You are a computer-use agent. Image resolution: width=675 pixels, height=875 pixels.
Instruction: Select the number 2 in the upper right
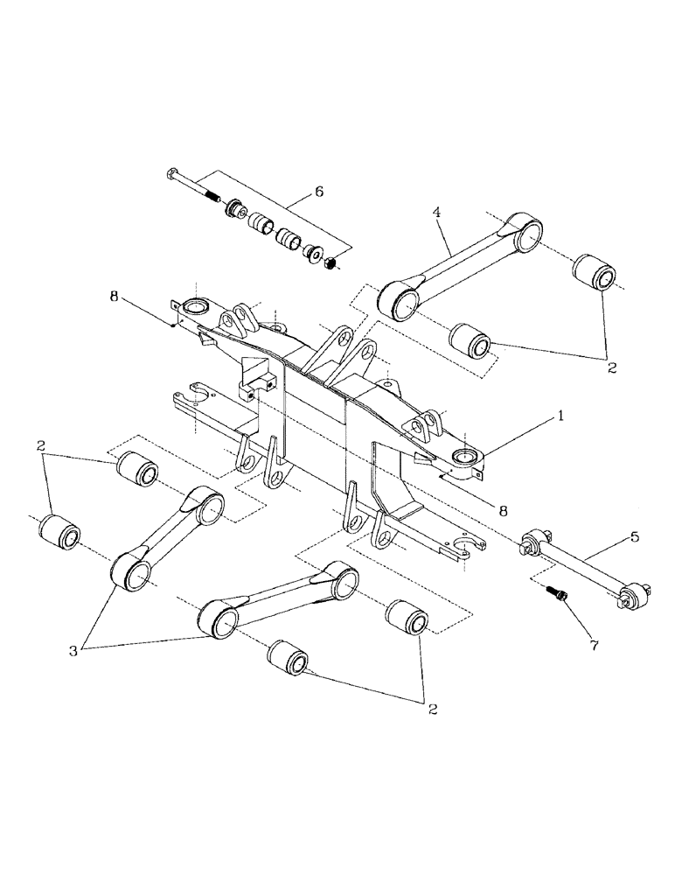612,368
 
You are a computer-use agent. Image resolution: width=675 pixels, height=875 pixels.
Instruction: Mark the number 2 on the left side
41,446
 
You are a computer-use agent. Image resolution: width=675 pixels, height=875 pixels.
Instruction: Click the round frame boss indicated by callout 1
467,458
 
